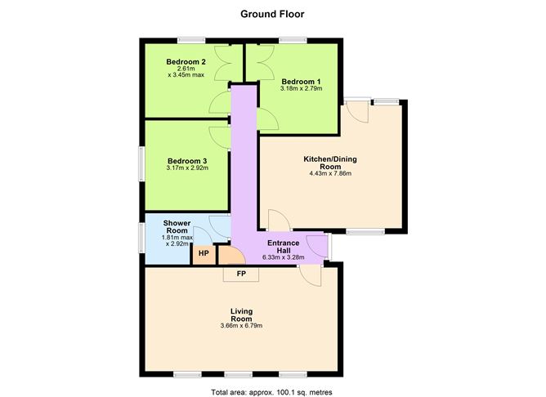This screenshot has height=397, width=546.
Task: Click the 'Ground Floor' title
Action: pos(273,13)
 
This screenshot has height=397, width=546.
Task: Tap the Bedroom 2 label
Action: pos(186,61)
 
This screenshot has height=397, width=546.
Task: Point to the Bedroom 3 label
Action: pos(186,161)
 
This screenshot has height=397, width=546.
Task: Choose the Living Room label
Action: pos(241,315)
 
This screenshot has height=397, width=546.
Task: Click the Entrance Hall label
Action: pos(283,247)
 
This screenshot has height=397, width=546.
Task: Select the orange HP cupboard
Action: pos(203,254)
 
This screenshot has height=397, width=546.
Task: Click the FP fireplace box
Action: pos(241,273)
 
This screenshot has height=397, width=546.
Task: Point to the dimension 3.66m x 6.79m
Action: pos(241,327)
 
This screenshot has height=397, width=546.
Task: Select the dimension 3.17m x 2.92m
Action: pos(186,169)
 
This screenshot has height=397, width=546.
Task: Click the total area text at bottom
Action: pos(272,392)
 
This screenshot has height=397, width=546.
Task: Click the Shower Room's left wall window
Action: pos(141,237)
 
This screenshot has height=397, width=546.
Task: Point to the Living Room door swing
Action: pos(310,276)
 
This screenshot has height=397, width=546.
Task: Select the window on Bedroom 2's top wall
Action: pos(191,40)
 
